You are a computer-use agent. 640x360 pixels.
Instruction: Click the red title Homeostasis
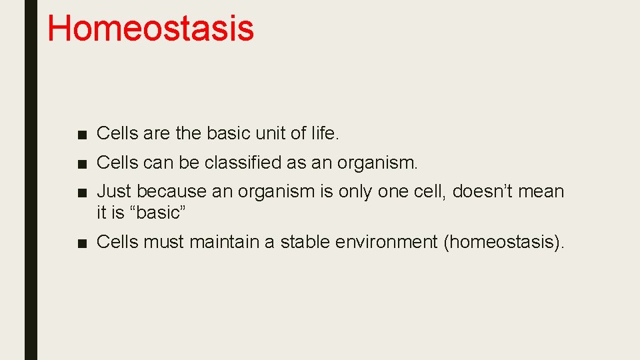151,29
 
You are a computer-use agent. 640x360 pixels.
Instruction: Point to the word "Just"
114,191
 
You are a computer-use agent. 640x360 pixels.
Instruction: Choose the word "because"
171,191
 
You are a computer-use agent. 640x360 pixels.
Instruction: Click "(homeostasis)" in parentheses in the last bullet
503,241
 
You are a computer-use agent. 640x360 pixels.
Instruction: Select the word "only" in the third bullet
356,191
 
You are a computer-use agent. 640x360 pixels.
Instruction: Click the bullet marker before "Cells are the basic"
81,135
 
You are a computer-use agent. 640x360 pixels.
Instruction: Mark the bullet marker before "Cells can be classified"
81,163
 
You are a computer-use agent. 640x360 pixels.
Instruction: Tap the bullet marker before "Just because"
81,193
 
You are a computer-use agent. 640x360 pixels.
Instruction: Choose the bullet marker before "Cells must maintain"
81,243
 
